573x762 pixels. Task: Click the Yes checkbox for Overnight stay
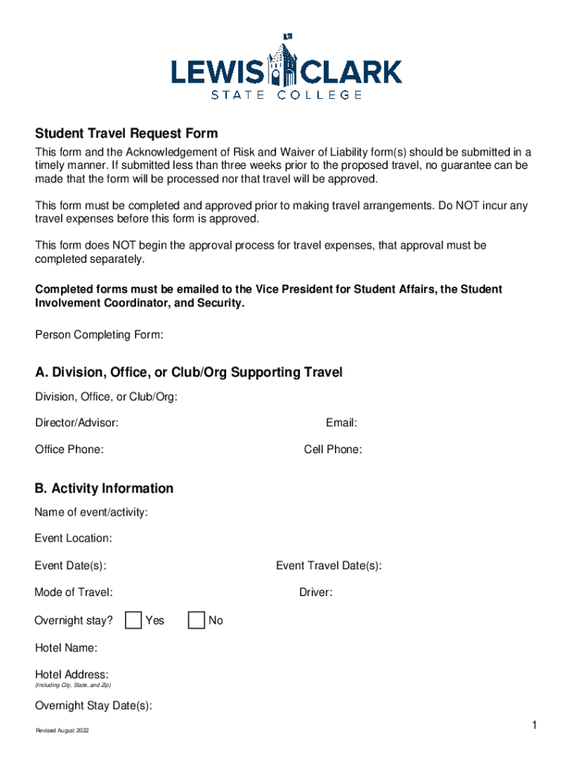[x=134, y=620]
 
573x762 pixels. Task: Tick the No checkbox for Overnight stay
[x=196, y=620]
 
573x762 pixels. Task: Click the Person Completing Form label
[x=99, y=336]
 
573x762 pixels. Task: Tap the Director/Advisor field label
[x=77, y=423]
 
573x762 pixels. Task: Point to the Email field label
[x=342, y=423]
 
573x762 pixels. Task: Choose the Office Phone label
[x=69, y=449]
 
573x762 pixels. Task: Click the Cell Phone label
[x=333, y=449]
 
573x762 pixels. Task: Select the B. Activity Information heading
[x=104, y=488]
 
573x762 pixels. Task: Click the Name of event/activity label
[x=91, y=512]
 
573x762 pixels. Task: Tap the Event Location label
[x=73, y=538]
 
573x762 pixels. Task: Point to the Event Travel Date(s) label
[x=329, y=566]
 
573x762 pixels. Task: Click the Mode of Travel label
[x=74, y=592]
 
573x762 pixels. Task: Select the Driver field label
[x=316, y=592]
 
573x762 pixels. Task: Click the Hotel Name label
[x=65, y=648]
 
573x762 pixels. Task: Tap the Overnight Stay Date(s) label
[x=93, y=706]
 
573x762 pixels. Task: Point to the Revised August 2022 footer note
[x=63, y=731]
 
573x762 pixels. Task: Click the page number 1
[x=534, y=726]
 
